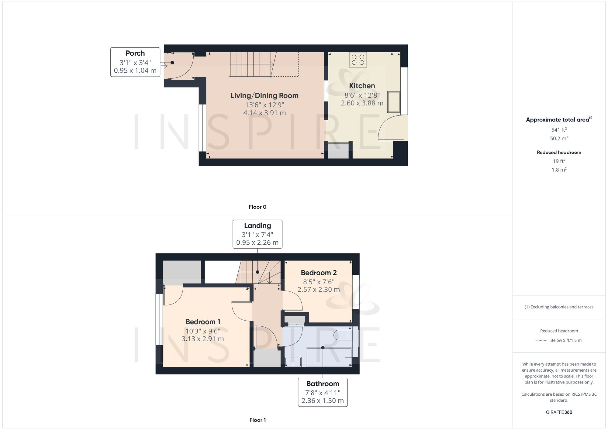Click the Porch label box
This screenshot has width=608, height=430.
[135, 62]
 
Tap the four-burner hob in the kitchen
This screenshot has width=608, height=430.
[358, 60]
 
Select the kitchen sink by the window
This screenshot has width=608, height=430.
[393, 102]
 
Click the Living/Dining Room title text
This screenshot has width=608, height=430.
[264, 95]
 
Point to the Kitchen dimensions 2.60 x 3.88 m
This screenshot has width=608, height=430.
[362, 103]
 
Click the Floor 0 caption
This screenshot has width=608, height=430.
[257, 207]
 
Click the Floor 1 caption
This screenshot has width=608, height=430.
[257, 420]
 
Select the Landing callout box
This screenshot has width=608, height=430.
[257, 234]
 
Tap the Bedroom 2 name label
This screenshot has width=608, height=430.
[319, 273]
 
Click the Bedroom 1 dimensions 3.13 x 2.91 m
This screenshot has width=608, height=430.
[203, 339]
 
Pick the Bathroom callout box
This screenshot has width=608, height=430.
[323, 392]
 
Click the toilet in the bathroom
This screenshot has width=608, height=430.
[343, 335]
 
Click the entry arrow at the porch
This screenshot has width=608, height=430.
[164, 65]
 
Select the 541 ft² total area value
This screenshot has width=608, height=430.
[559, 130]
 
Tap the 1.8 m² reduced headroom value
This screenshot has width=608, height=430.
[559, 170]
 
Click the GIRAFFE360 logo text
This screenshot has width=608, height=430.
[559, 412]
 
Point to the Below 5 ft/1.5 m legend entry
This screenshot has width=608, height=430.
[565, 340]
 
